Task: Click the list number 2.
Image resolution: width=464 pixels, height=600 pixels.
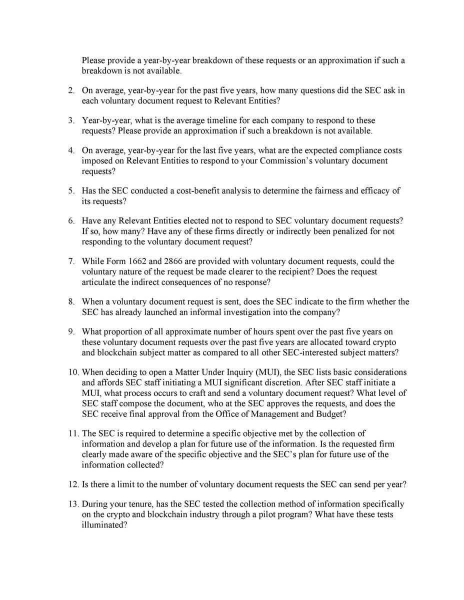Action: click(x=71, y=90)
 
